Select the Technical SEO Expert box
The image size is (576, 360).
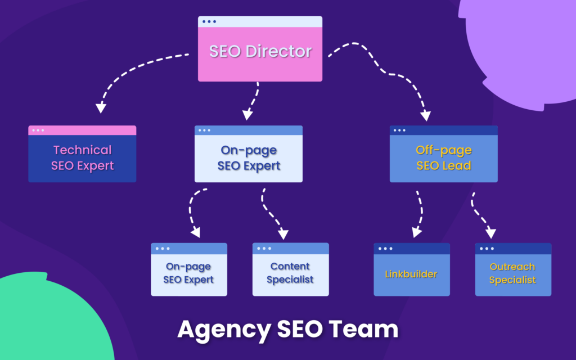82,158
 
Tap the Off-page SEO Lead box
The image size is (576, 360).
443,158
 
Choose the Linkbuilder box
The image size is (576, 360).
411,274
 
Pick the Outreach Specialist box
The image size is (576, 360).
512,273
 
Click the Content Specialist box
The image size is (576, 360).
290,273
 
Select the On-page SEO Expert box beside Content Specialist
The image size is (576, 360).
188,273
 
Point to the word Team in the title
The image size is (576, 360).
371,329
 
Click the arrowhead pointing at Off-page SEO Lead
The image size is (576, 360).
425,115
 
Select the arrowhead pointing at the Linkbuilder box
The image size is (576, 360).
416,232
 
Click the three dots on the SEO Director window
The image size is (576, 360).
209,22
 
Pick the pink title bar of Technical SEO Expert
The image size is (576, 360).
82,130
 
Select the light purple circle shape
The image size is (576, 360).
523,45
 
